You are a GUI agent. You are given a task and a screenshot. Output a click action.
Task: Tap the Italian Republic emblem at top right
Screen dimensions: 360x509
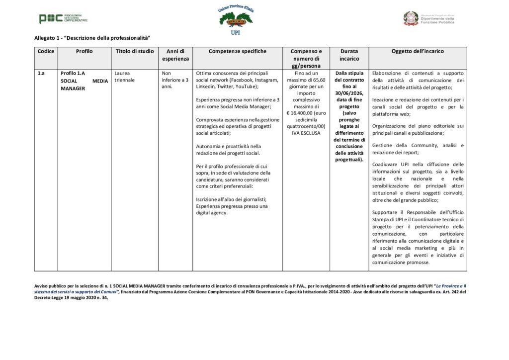[411, 18]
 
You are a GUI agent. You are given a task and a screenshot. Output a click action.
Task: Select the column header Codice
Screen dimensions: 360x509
[46, 51]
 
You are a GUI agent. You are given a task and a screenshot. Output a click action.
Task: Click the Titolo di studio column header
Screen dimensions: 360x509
[135, 51]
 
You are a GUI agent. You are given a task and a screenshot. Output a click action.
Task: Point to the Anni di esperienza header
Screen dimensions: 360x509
[175, 55]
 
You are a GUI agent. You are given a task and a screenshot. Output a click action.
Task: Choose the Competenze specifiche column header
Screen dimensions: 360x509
[238, 51]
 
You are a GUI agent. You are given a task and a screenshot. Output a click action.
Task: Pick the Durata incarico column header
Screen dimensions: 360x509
[349, 55]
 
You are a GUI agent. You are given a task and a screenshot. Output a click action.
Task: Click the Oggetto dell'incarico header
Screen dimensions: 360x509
[418, 51]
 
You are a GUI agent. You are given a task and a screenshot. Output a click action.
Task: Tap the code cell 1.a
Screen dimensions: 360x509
[41, 73]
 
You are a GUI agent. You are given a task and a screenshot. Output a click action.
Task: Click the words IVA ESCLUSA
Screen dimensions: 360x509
[306, 133]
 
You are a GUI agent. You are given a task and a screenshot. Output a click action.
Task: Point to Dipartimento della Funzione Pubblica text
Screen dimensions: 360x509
[437, 20]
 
